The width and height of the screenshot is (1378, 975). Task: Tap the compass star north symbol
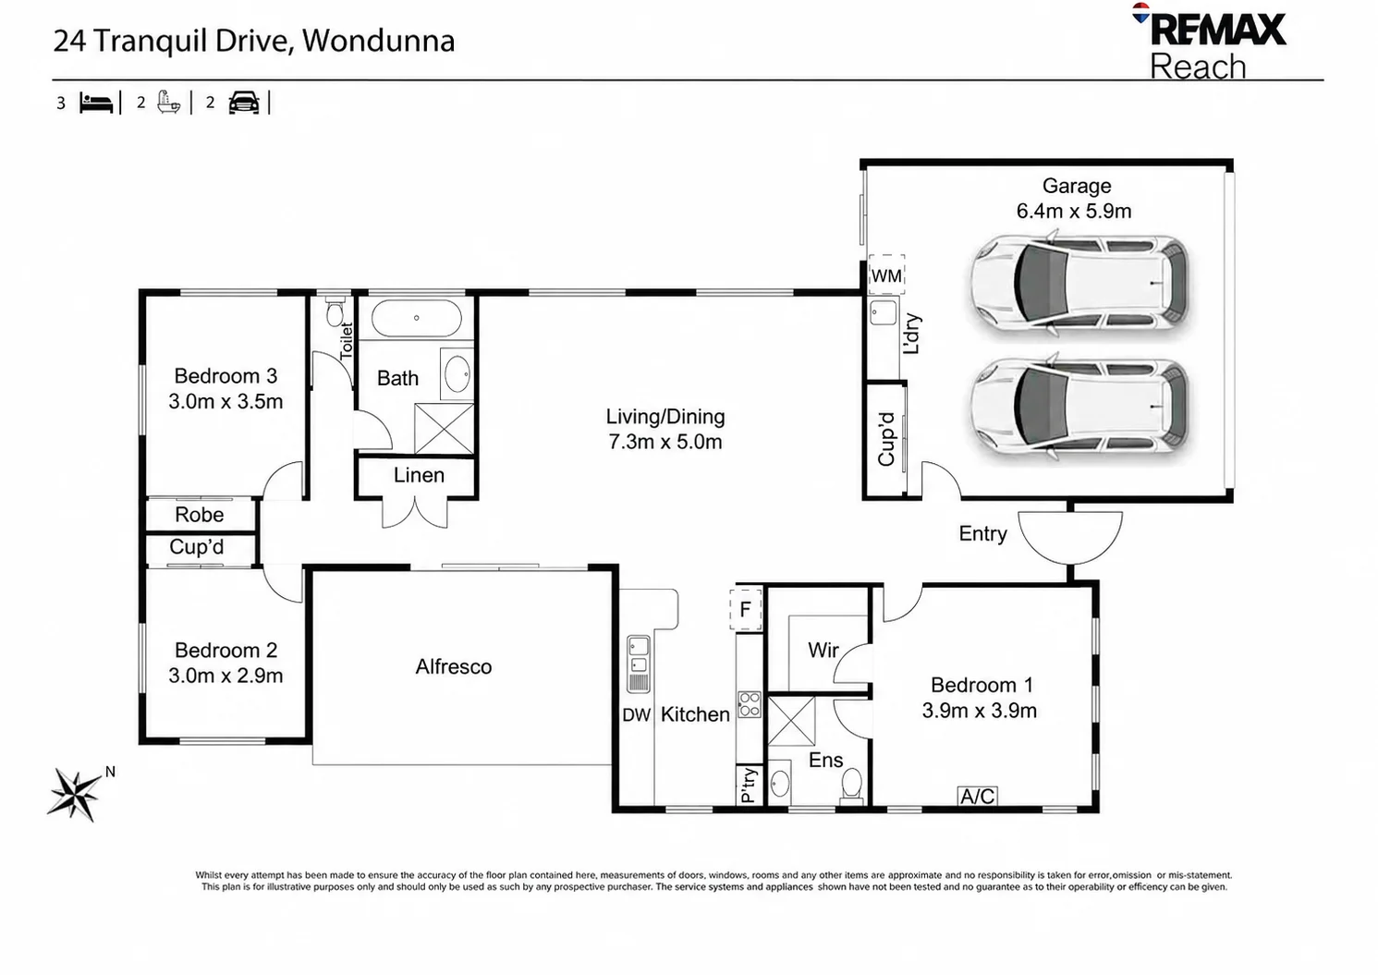[76, 794]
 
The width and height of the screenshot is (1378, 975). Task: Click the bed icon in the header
[97, 104]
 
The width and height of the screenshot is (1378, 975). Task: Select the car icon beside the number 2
[244, 103]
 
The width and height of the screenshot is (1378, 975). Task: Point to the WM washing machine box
[886, 275]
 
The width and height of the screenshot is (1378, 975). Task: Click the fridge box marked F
[746, 609]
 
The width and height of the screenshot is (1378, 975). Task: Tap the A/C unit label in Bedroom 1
[978, 796]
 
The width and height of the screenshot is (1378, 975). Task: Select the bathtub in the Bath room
[417, 317]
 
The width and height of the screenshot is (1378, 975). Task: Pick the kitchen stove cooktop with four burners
[750, 705]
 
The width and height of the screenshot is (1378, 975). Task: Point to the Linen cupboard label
[419, 476]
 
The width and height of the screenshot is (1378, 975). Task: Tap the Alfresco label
[454, 667]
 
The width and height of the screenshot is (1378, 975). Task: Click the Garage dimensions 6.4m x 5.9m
[1074, 211]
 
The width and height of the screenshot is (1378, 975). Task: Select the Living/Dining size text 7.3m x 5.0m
[665, 442]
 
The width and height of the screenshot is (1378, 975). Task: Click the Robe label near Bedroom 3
[200, 515]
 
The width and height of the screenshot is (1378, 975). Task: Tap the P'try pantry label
[748, 786]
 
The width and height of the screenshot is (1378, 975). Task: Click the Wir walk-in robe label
[823, 651]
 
